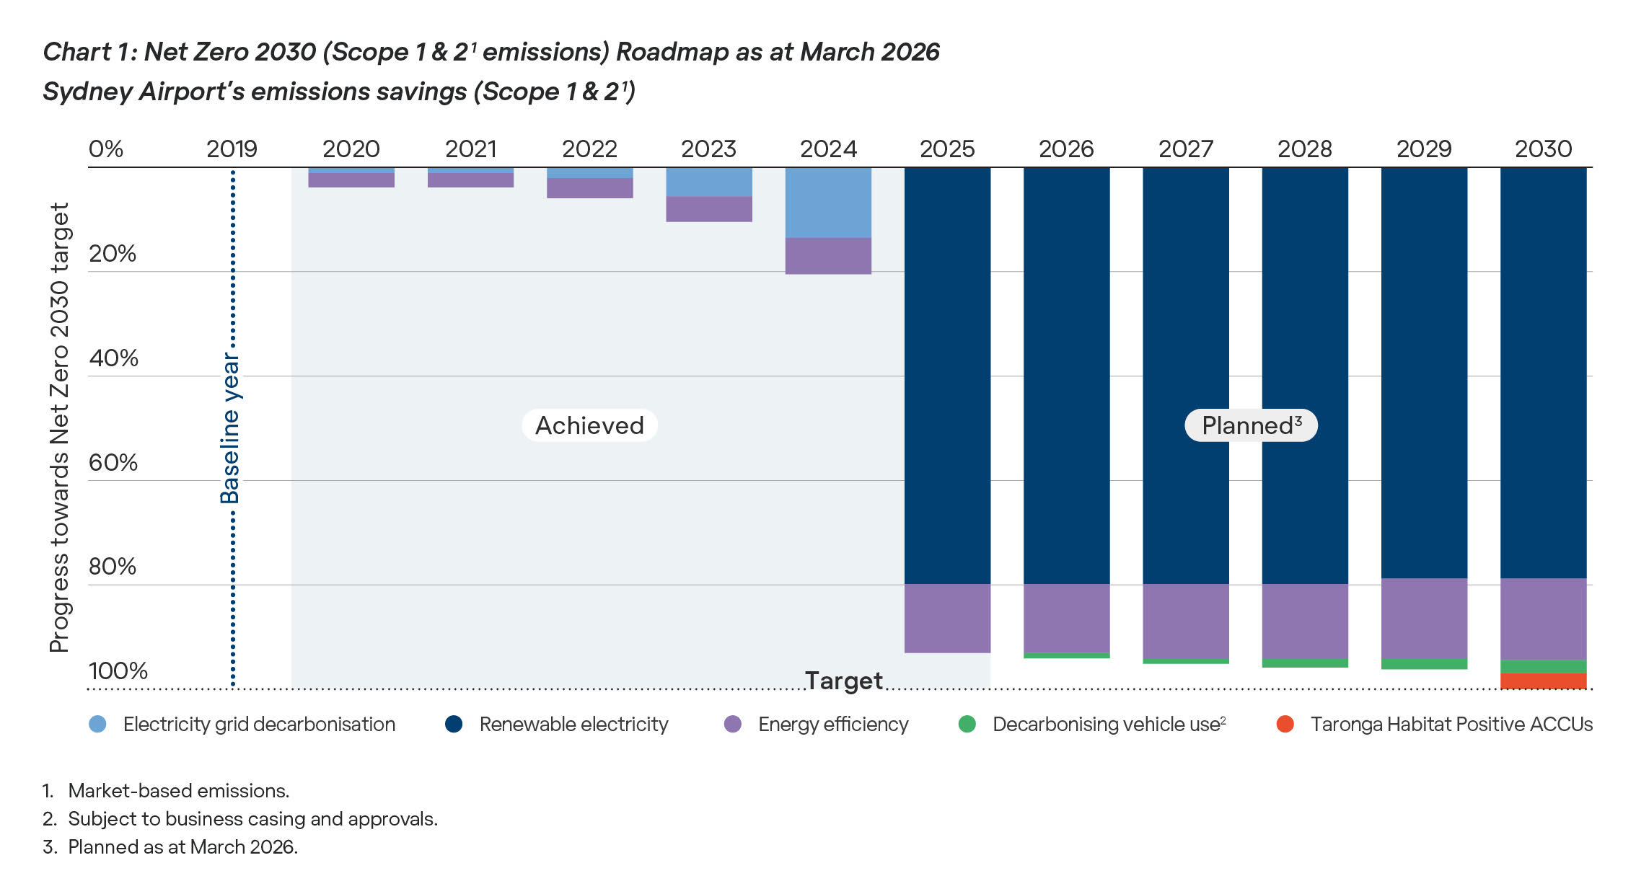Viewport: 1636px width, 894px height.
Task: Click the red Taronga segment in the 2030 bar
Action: [1543, 681]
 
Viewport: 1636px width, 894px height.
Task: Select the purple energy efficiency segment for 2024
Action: [828, 256]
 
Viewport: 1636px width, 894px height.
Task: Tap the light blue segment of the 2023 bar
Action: [709, 182]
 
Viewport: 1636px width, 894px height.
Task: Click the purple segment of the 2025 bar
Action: [947, 619]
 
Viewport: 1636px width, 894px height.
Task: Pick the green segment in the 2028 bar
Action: [1305, 663]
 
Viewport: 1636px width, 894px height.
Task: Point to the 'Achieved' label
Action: [589, 425]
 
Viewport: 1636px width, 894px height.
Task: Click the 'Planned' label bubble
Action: [1251, 425]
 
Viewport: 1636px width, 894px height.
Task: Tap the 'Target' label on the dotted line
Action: [843, 680]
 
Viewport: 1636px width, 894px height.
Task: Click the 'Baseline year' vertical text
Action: [230, 428]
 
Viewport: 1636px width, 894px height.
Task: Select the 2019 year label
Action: [232, 149]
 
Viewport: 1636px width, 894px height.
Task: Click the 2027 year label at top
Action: [1185, 149]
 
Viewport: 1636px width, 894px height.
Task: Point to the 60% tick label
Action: [113, 462]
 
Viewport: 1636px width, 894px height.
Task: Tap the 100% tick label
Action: [118, 670]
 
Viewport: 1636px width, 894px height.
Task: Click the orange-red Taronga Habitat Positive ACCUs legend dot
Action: [1285, 724]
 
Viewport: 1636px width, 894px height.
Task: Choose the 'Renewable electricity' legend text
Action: [573, 724]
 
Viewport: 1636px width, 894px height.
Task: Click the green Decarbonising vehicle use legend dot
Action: [967, 724]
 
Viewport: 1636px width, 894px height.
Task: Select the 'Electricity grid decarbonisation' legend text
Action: [259, 724]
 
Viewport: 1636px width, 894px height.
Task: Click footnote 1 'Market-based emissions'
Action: [178, 791]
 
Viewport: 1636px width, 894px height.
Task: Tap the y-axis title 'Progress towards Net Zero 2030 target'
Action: [59, 428]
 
